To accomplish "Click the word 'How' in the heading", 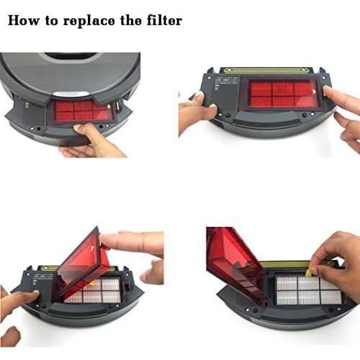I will pyautogui.click(x=24, y=21).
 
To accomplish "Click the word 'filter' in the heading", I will pyautogui.click(x=163, y=21).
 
